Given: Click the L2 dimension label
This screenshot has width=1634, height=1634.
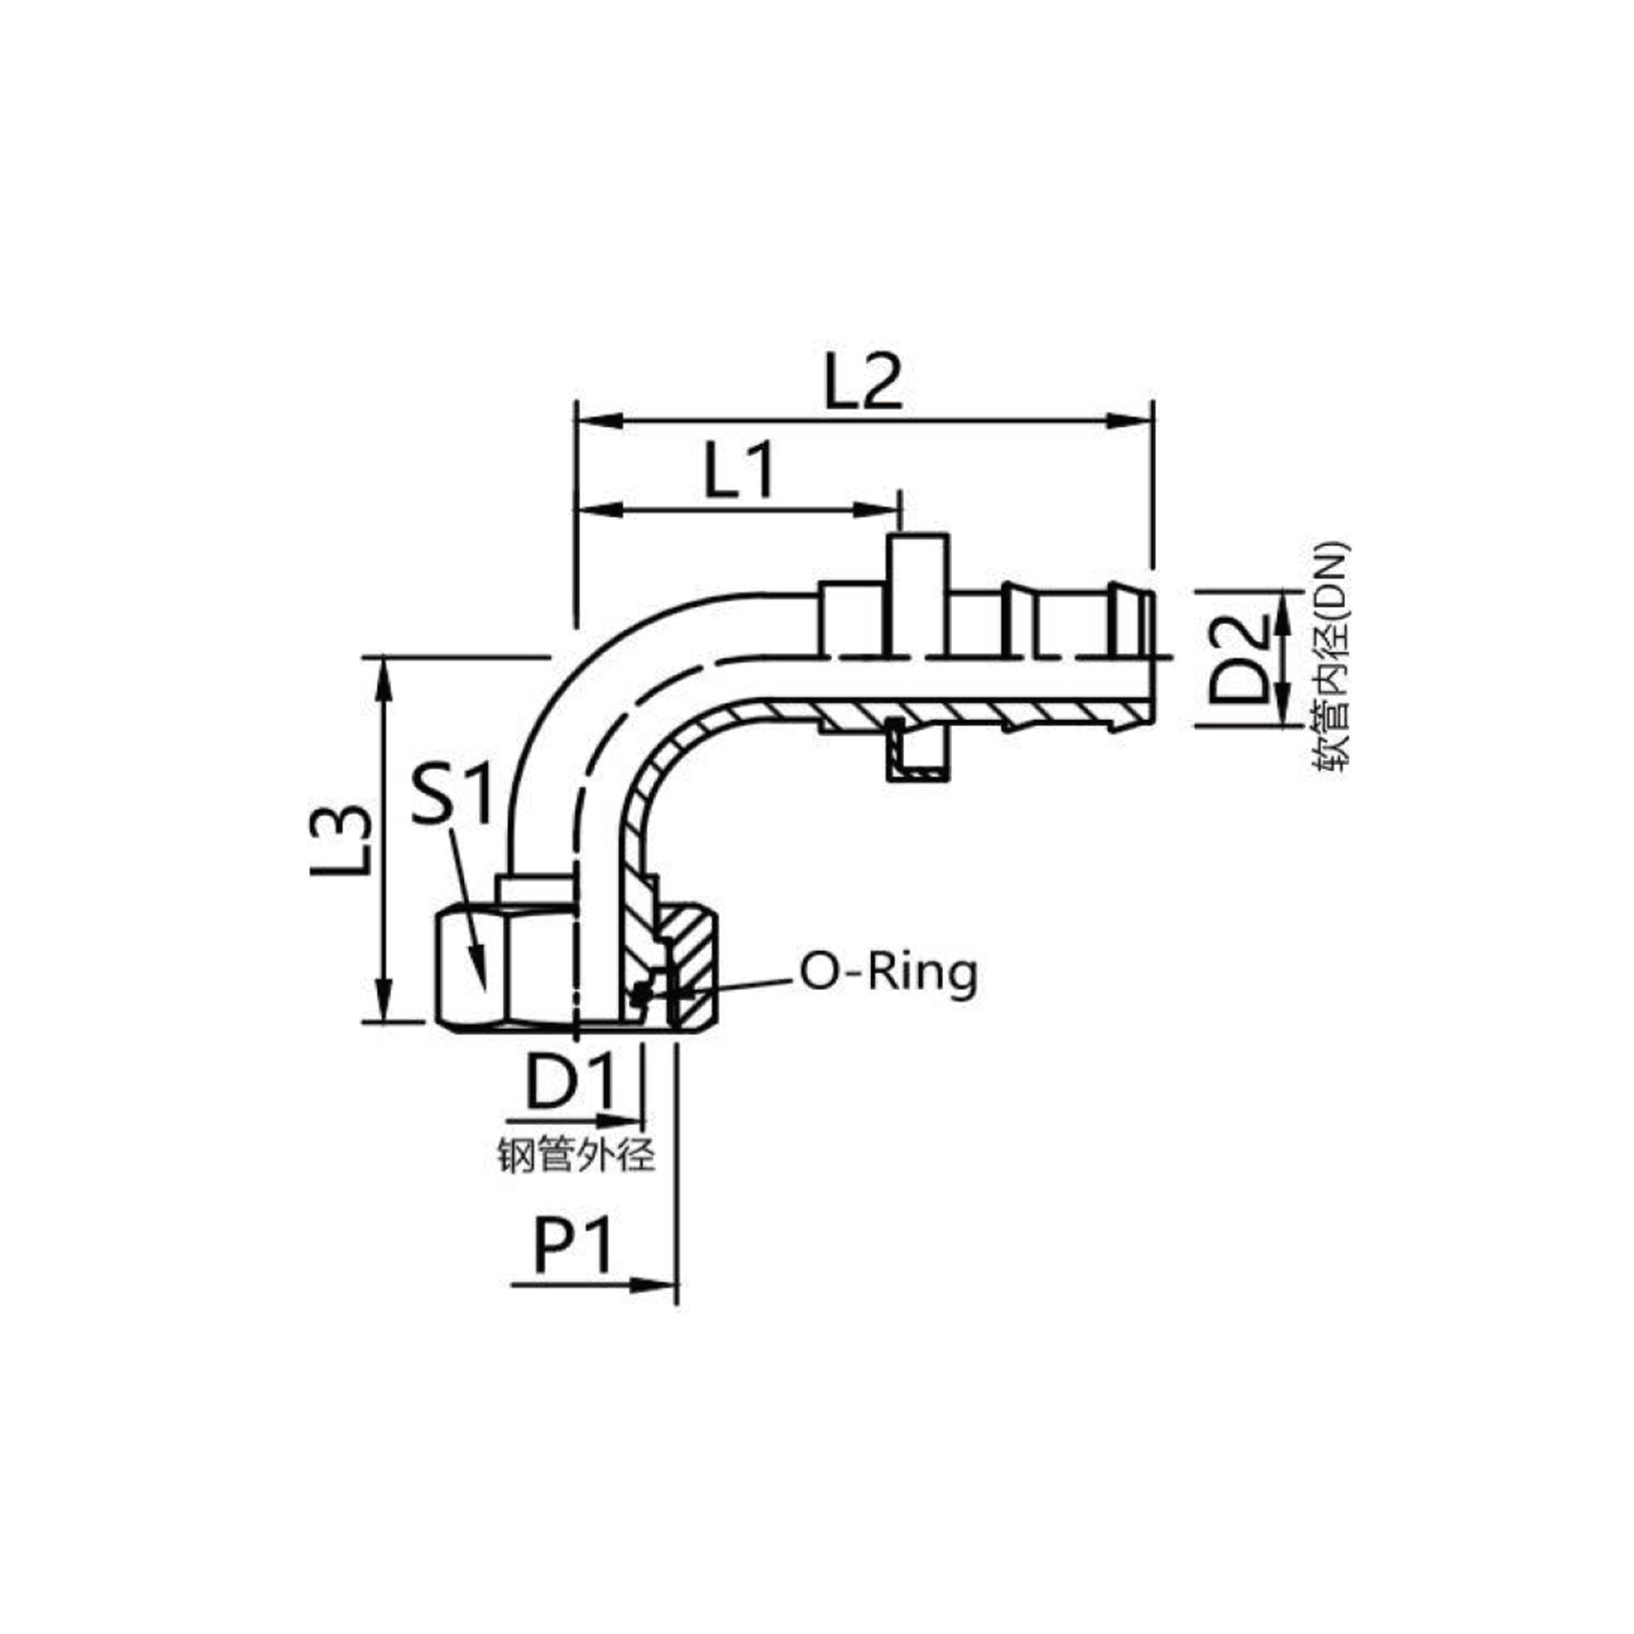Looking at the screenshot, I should click(863, 384).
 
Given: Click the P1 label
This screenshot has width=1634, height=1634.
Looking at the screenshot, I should click(573, 1247).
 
